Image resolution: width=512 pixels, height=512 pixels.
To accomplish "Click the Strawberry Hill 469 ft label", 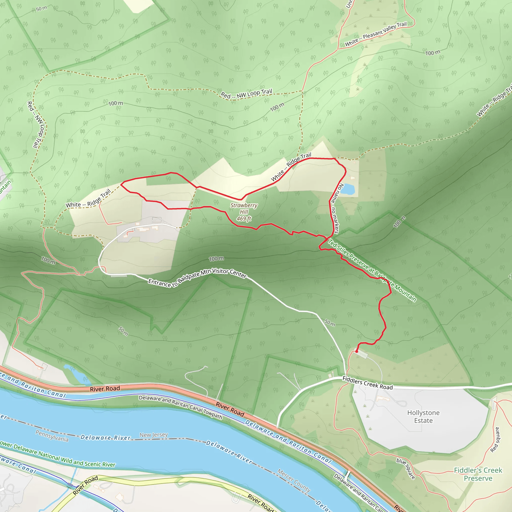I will point(243,212).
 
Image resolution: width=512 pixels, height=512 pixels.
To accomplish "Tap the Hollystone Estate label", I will point(423,416).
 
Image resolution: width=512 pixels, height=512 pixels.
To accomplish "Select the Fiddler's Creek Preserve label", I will point(478,474).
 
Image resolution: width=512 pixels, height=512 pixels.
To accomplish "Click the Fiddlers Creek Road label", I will point(367,383).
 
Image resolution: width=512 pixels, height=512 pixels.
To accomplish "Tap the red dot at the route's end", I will point(356,351).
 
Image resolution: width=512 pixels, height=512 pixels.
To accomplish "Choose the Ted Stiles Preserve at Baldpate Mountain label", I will point(372,270).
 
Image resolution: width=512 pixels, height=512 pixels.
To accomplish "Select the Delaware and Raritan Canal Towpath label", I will point(180,407).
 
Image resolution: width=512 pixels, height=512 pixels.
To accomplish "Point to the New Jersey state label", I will point(154,435).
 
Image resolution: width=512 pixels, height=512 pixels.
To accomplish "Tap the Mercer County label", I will point(294,480).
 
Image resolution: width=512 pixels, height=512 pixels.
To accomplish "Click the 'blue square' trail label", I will point(405,468).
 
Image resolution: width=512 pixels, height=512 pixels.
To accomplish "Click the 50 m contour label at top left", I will point(41,8).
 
